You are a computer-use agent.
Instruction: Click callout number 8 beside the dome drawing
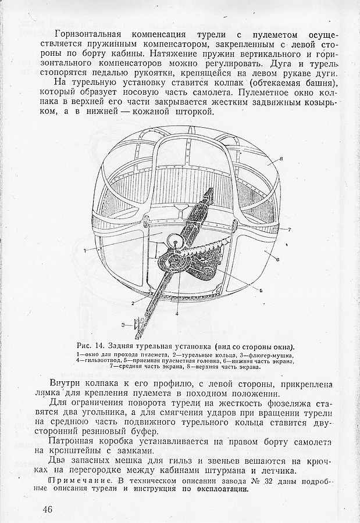pyautogui.click(x=281, y=158)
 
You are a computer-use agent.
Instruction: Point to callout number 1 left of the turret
pyautogui.click(x=85, y=250)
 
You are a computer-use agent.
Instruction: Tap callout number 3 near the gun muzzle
pyautogui.click(x=123, y=324)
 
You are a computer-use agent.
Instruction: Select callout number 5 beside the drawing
pyautogui.click(x=261, y=290)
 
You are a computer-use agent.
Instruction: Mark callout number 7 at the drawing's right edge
pyautogui.click(x=289, y=230)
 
